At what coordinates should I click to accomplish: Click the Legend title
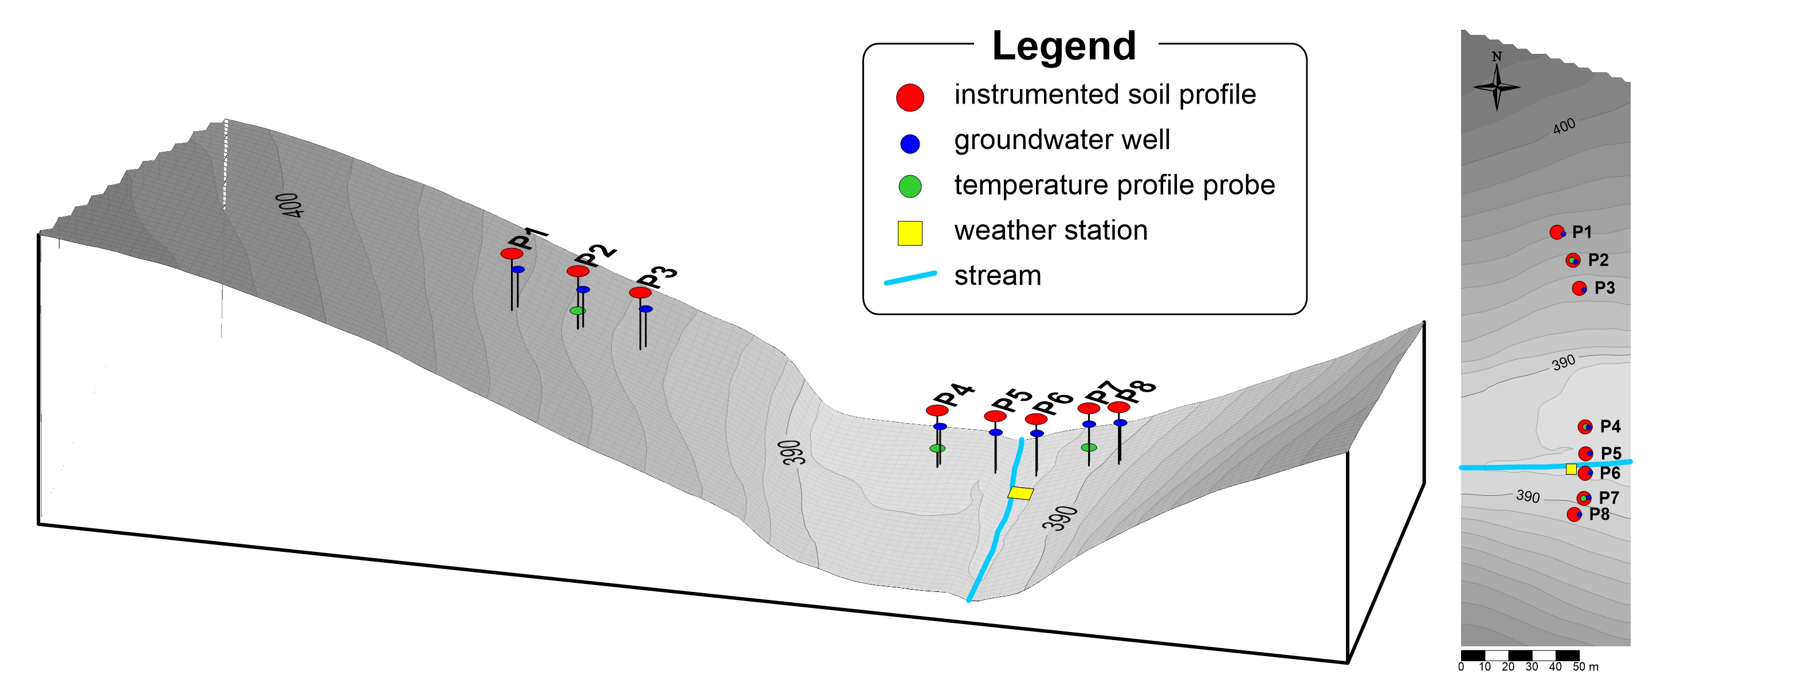1063,46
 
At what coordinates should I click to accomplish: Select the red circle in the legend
909,97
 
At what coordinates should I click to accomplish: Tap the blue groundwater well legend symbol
909,144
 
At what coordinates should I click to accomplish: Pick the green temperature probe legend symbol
909,187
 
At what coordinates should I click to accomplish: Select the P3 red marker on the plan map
1579,288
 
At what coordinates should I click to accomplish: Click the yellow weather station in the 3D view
1020,493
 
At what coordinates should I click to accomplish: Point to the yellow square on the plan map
1571,469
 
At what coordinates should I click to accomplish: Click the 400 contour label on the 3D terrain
289,205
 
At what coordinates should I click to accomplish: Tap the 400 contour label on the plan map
1564,126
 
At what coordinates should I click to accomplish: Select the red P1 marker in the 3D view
511,254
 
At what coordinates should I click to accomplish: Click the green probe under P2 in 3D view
577,310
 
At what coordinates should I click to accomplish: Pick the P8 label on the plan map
1599,515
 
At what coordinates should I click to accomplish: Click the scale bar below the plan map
1520,655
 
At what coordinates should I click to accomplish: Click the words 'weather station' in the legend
1050,231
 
